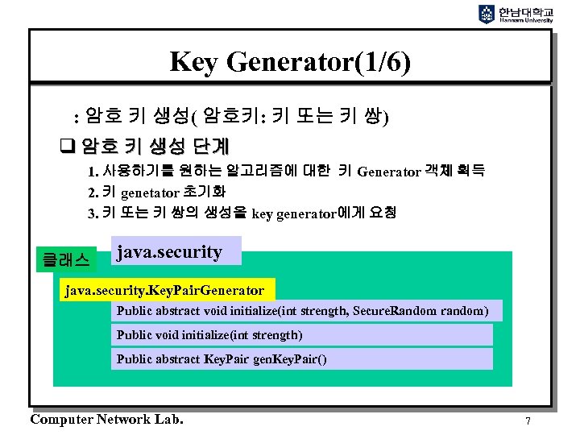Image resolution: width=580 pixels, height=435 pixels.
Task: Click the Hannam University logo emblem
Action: coord(487,14)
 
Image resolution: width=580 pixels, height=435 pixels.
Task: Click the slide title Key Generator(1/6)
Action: coord(290,61)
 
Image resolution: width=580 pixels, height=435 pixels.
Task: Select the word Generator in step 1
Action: coord(388,172)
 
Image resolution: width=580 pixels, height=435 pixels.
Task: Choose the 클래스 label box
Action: coord(69,259)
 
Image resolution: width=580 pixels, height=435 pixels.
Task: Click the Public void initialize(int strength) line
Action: coord(209,334)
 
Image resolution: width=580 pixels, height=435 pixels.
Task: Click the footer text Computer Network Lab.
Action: coord(106,419)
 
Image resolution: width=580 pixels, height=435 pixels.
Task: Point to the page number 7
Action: coord(528,420)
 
